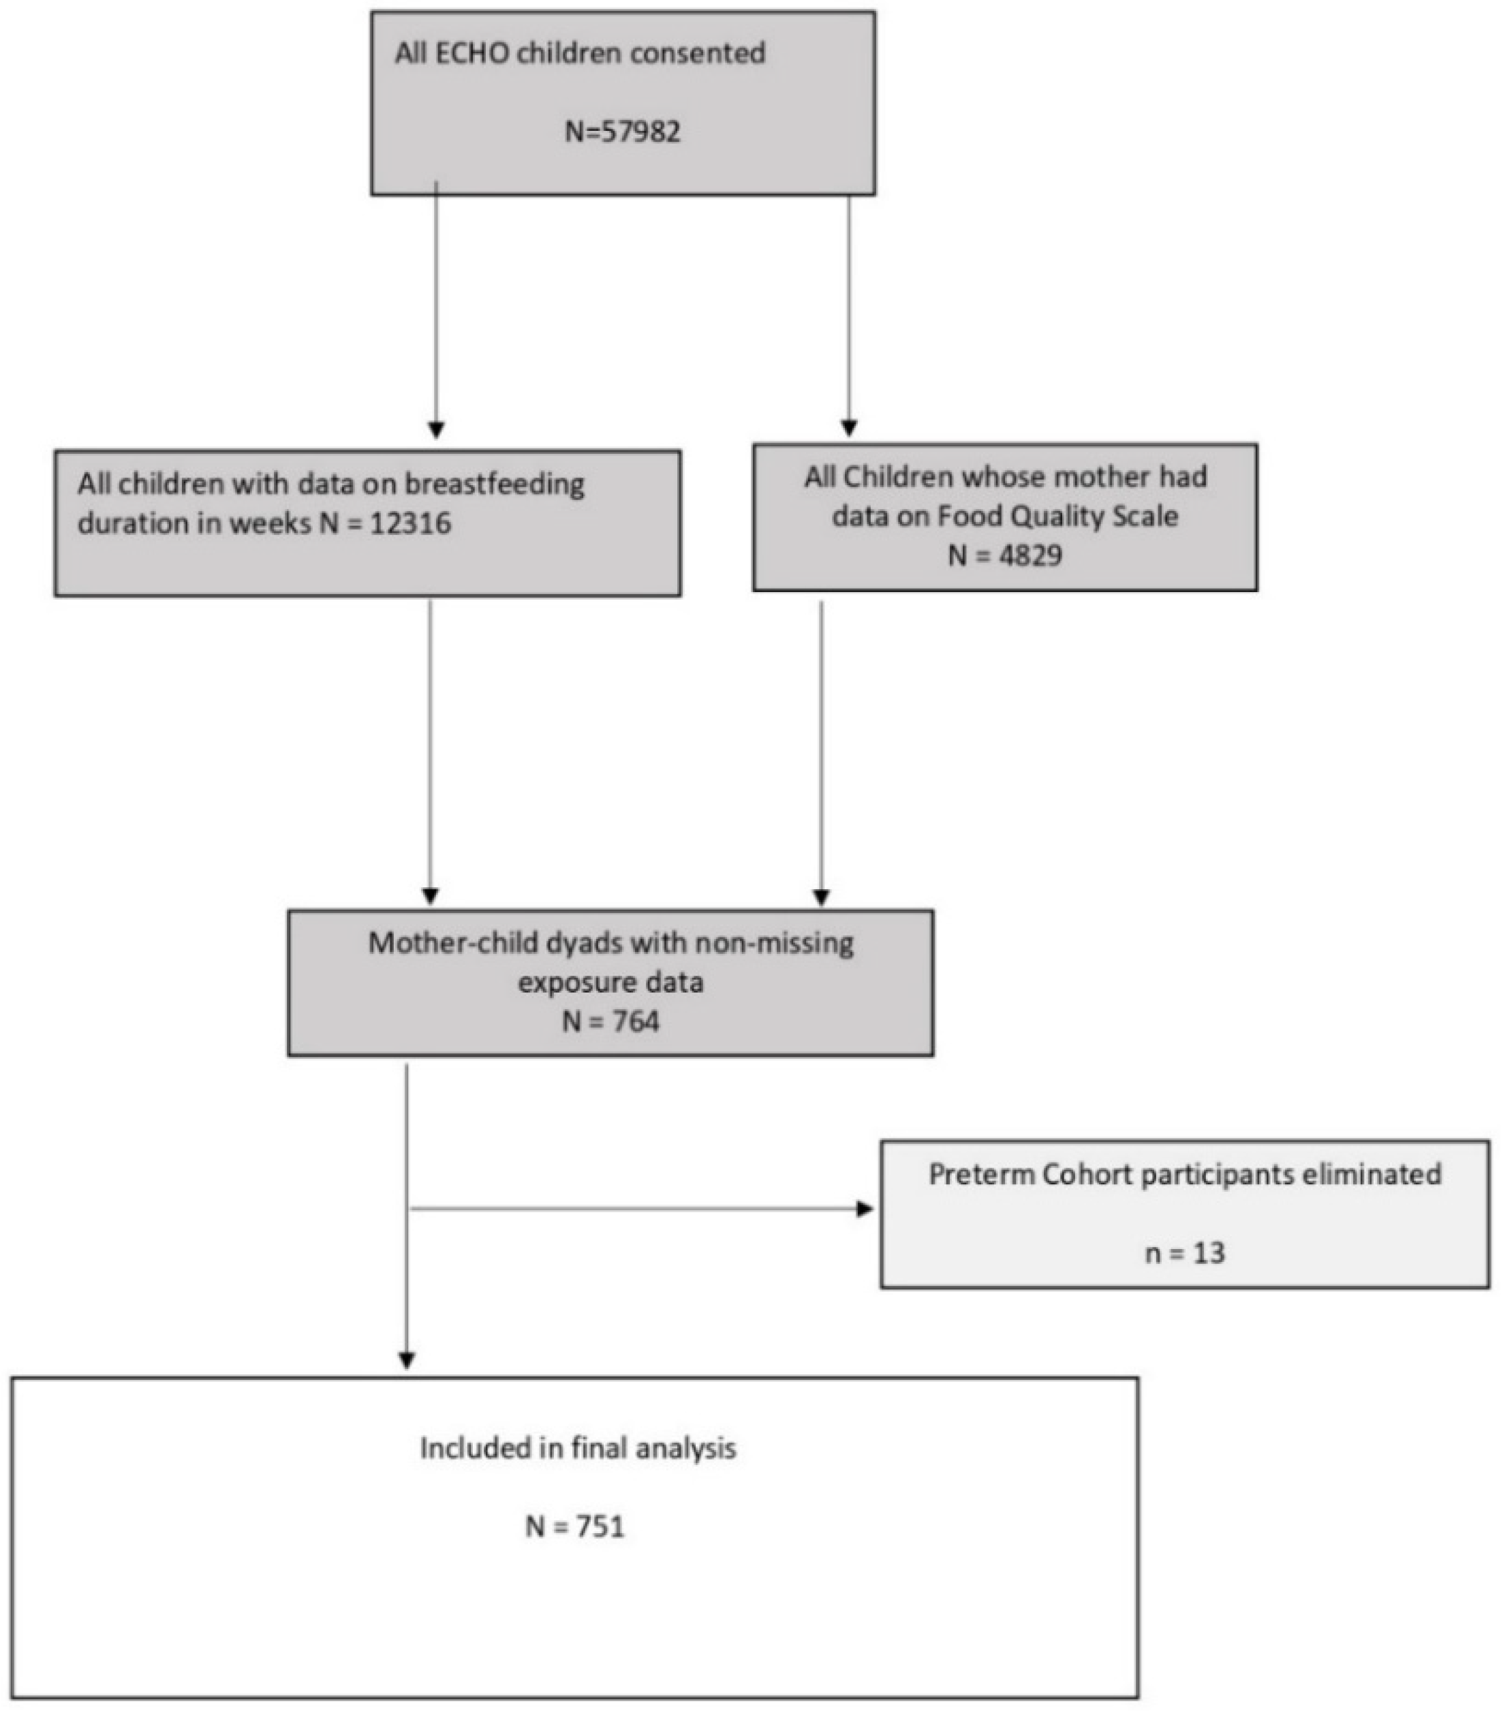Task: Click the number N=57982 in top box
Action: (x=622, y=132)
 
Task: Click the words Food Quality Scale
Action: (x=1057, y=517)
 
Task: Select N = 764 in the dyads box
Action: (x=610, y=1022)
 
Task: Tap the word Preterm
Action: (x=981, y=1175)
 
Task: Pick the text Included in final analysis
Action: (x=578, y=1448)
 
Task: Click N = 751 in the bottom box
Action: (x=575, y=1527)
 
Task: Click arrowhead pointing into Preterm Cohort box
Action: (x=865, y=1209)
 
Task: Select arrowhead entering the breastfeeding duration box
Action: (x=436, y=429)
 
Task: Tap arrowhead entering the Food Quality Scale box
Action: (x=849, y=427)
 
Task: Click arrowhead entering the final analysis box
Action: (x=406, y=1360)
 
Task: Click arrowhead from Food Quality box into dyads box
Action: (x=821, y=897)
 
